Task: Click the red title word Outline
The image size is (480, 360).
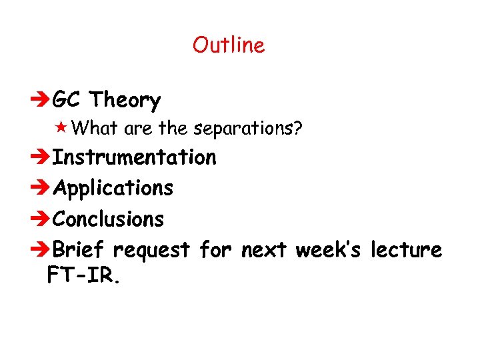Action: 229,45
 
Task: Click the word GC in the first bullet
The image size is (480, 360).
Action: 68,100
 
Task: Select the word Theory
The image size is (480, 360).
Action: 125,101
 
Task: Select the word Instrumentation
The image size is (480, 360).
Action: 134,157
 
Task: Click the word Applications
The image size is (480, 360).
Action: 113,189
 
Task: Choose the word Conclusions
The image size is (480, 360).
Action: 108,219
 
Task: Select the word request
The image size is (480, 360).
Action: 152,251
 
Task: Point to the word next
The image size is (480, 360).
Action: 264,250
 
